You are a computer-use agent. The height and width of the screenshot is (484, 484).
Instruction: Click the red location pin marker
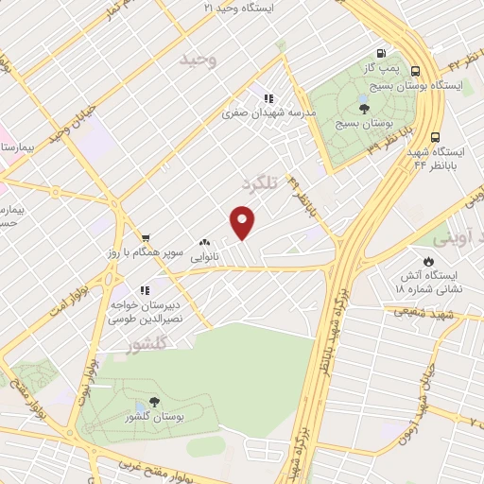(244, 222)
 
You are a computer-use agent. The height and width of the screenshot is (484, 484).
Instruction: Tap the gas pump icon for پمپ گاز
(380, 54)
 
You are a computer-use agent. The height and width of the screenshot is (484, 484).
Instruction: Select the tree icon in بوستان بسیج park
(364, 109)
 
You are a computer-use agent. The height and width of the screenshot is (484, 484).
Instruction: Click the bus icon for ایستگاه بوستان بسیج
(416, 68)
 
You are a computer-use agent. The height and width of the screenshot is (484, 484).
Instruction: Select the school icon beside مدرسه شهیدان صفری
(268, 97)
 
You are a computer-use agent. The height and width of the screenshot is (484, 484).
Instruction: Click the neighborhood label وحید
(199, 60)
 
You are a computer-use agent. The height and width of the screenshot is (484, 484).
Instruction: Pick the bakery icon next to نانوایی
(204, 243)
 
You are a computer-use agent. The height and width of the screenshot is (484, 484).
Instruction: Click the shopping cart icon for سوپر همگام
(145, 237)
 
